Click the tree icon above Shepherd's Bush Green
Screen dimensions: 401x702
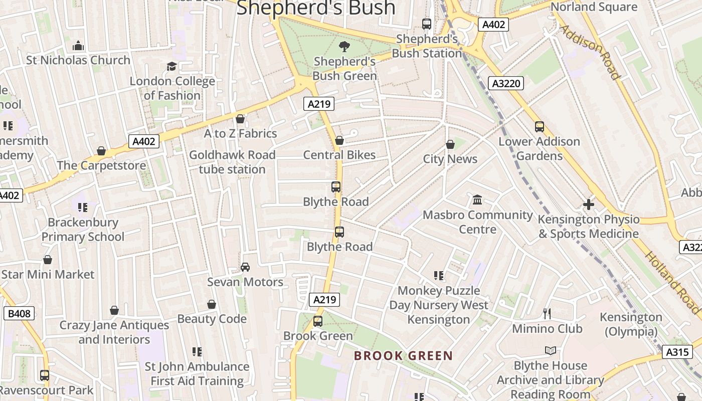pos(344,47)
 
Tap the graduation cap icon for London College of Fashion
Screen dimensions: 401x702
pos(171,67)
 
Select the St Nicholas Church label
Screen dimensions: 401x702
pos(78,60)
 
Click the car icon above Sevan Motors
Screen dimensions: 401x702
pos(245,267)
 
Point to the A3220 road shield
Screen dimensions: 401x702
pos(506,83)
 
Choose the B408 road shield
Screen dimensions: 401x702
pos(20,314)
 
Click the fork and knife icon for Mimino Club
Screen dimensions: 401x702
pos(547,314)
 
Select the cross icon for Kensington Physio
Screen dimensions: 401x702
pos(589,205)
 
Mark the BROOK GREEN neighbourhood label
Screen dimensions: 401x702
pos(403,356)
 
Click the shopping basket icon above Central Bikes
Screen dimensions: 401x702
pos(339,140)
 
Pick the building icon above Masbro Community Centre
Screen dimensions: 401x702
pos(477,200)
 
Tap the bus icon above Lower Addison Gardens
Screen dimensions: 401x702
pos(540,127)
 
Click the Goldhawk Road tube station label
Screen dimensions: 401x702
pos(232,162)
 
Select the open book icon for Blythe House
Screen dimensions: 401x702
pos(551,351)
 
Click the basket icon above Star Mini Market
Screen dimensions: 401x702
pos(48,260)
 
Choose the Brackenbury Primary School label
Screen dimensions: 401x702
pos(83,230)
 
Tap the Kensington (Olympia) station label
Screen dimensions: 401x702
pos(631,324)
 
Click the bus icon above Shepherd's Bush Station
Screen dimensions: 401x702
pos(427,24)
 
